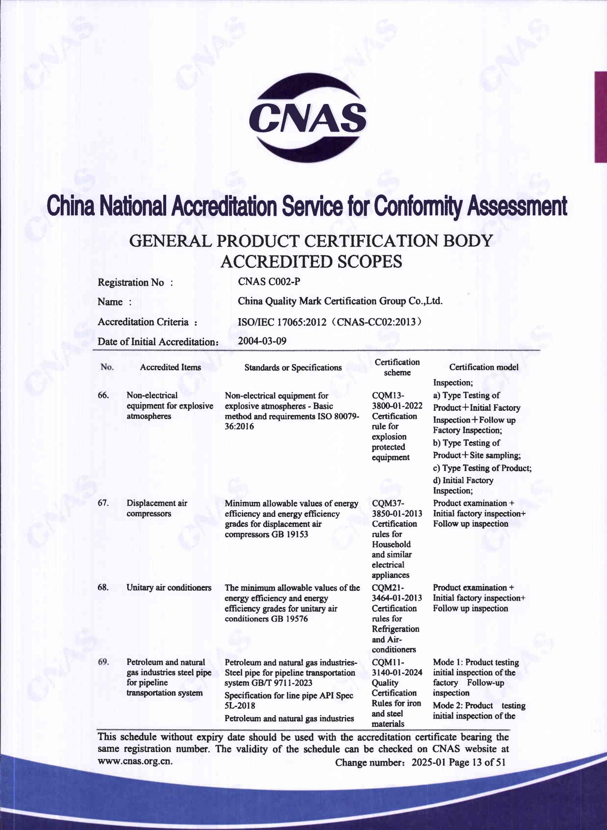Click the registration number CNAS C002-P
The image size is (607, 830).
(269, 281)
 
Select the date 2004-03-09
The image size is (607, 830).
(262, 341)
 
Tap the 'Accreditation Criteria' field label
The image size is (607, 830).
(147, 322)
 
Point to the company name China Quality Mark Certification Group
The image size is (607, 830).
(340, 301)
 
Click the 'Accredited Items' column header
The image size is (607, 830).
(170, 367)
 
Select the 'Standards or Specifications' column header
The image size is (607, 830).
(293, 367)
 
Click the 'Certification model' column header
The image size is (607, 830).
(484, 367)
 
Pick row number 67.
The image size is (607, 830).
(103, 503)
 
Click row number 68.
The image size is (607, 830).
(103, 588)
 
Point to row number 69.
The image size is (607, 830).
(103, 662)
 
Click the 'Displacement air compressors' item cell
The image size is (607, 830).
(157, 508)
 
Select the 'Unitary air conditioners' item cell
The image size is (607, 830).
(169, 588)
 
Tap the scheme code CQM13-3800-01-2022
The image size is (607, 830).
(397, 400)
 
